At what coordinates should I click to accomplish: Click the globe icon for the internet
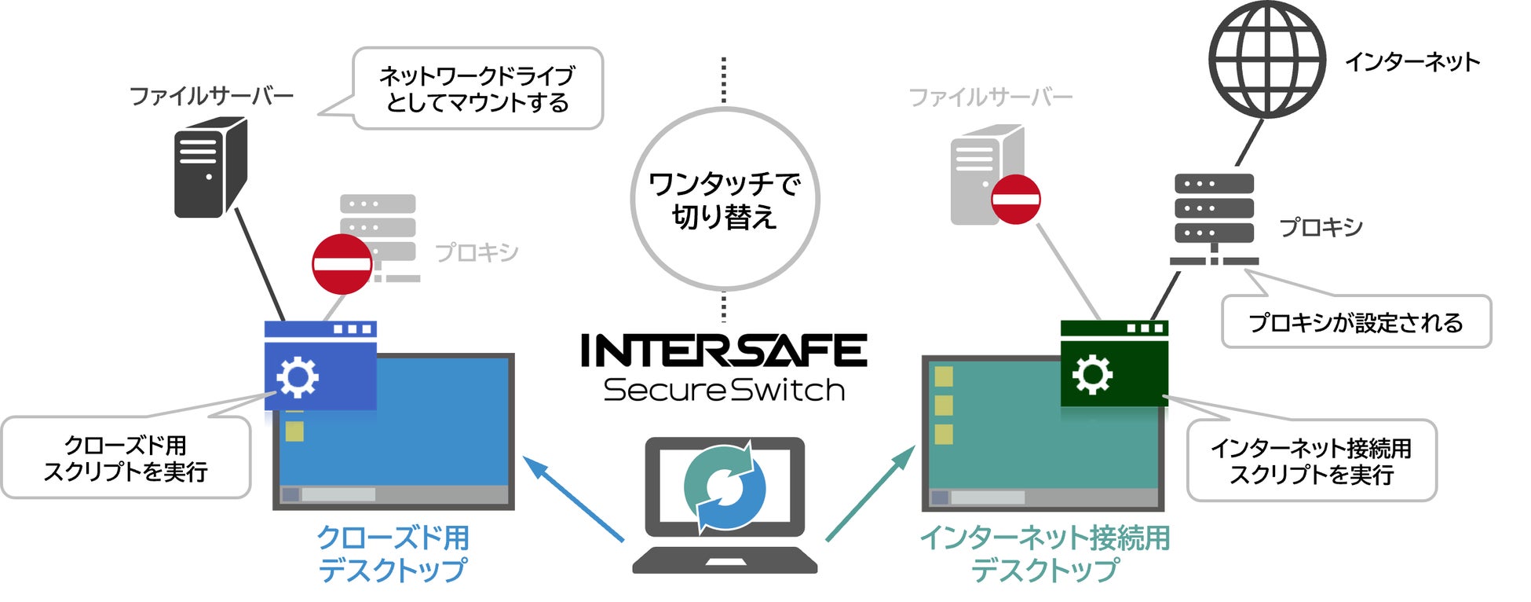tap(1266, 60)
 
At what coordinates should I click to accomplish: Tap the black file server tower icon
tap(210, 167)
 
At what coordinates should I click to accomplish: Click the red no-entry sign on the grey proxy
tap(342, 264)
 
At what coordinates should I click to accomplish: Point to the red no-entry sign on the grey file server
tap(1015, 199)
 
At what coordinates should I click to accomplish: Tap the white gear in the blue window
tap(298, 377)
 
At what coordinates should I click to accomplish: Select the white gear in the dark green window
tap(1092, 374)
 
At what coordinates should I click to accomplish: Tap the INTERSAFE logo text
tap(723, 351)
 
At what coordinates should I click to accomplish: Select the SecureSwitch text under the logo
tap(723, 391)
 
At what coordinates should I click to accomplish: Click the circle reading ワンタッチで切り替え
tap(724, 199)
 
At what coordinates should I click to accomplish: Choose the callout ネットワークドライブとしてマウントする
tap(477, 89)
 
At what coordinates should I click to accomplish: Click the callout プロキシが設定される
tap(1356, 322)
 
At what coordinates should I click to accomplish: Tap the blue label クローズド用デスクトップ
tap(393, 554)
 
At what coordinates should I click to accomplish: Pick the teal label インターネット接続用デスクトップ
tap(1044, 554)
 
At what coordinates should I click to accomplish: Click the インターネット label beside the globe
tap(1412, 61)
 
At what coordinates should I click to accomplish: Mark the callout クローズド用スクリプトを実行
tap(126, 458)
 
